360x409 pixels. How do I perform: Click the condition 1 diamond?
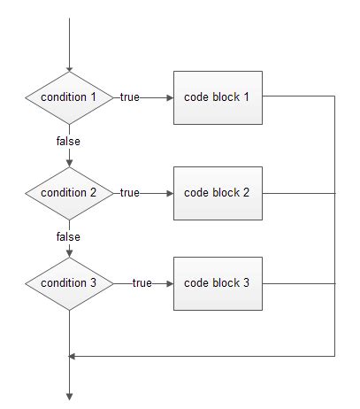coord(69,96)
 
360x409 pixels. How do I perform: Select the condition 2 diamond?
coord(69,192)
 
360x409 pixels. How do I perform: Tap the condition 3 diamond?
coord(69,283)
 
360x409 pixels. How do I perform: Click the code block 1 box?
coord(218,96)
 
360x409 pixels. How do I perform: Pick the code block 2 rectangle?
coord(218,192)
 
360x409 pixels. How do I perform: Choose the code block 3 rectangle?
coord(218,283)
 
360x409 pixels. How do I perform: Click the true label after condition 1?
coord(130,96)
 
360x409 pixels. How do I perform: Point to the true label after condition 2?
coord(130,193)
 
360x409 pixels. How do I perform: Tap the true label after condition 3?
coord(142,283)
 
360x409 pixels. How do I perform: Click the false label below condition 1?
coord(68,140)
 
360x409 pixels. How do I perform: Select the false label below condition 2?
coord(68,236)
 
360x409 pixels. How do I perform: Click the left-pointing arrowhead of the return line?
coord(73,356)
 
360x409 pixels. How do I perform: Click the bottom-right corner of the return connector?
coord(335,356)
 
